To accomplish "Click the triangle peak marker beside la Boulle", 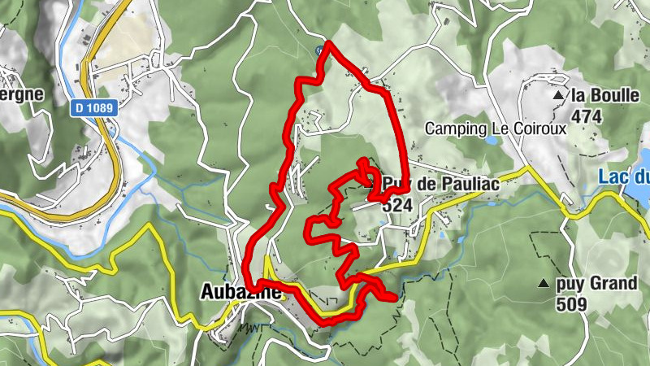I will (x=558, y=96).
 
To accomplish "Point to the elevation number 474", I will (x=586, y=116).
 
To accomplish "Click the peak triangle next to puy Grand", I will (x=543, y=284).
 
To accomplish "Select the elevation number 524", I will (x=396, y=206).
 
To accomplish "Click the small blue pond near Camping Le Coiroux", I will (x=491, y=141).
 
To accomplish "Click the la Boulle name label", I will (x=604, y=95).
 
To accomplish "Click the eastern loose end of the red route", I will (x=396, y=298).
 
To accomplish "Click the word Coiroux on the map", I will (x=520, y=129).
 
